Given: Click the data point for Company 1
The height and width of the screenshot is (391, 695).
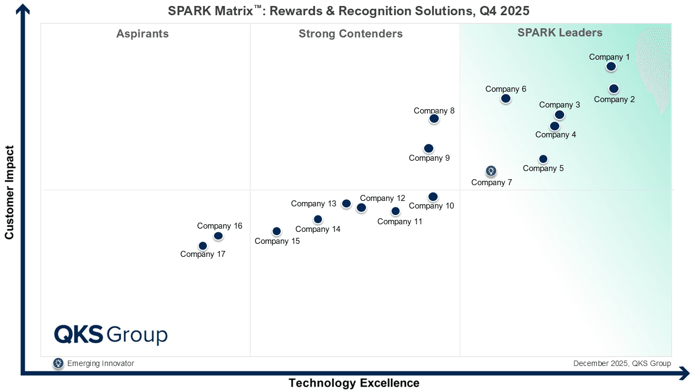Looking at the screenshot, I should point(611,66).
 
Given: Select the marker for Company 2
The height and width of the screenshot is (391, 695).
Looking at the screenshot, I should point(614,89).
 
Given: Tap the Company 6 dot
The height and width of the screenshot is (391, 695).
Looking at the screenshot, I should point(506,98).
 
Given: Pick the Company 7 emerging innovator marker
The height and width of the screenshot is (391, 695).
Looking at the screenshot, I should point(491,171).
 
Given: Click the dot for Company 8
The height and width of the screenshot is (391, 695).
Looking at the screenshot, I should point(434,118).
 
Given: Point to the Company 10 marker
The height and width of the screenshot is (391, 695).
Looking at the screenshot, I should point(433,197).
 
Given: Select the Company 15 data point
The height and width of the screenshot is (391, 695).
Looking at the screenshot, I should point(276,231).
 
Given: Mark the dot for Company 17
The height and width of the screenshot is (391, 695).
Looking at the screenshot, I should point(203,246).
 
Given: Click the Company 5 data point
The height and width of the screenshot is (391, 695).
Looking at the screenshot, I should point(543,159).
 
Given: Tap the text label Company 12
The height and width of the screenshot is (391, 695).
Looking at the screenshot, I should point(383,198).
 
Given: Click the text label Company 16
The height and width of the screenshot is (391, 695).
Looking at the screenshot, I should point(219,226).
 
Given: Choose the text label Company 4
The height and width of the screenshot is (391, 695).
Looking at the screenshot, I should point(555,135).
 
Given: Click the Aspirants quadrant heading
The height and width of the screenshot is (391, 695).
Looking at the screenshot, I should point(142,34).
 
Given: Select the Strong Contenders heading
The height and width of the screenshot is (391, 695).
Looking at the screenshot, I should point(350,34).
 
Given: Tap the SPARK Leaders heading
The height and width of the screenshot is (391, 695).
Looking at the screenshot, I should point(560,33).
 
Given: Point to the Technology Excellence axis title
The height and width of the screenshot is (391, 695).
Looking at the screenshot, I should point(353,383).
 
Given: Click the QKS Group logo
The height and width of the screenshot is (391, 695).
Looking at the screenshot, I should point(111,335).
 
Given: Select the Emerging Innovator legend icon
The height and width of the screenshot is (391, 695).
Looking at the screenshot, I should point(58,363).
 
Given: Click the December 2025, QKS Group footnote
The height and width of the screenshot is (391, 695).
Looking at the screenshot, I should point(622,363).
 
